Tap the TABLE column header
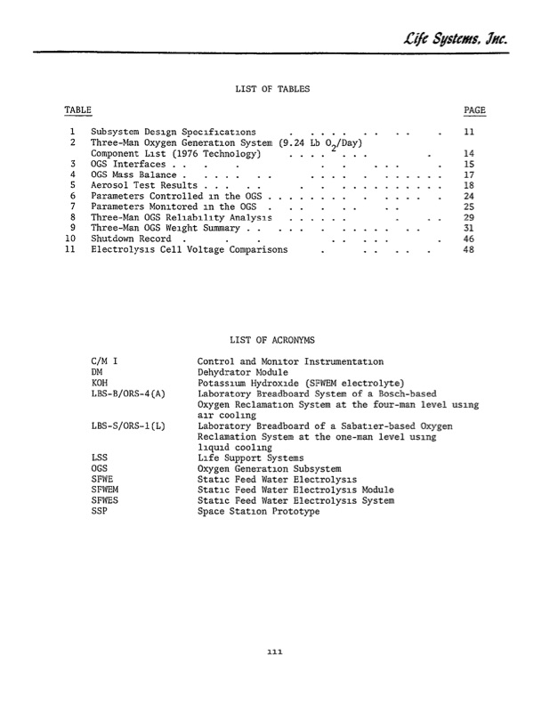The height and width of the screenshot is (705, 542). tap(77, 109)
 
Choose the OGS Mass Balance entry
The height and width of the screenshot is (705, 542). tap(133, 174)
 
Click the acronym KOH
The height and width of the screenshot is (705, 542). tap(100, 383)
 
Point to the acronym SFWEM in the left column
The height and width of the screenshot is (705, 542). tap(105, 490)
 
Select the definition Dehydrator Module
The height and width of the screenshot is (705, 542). tap(245, 372)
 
